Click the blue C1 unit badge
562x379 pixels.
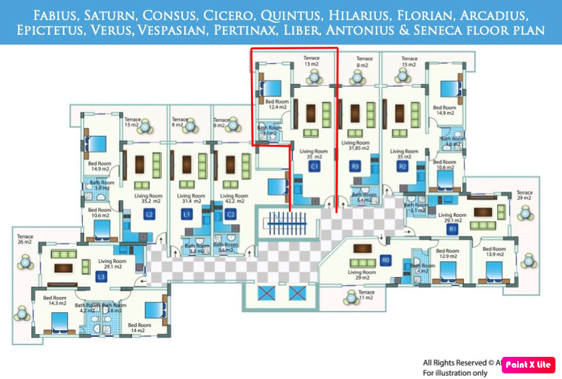click(x=313, y=166)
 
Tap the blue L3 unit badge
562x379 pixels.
click(x=101, y=276)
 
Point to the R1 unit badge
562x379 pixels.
click(x=452, y=229)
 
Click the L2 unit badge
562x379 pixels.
click(x=150, y=214)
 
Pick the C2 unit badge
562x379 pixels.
click(x=231, y=214)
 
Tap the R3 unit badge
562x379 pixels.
click(x=355, y=166)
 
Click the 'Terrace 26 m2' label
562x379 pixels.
click(x=25, y=239)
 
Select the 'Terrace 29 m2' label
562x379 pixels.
click(x=525, y=195)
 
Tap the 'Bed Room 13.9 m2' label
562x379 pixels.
click(x=495, y=252)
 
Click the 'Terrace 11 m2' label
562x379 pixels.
click(x=366, y=295)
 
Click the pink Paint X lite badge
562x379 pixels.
click(x=527, y=364)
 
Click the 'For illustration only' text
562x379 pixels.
click(x=455, y=372)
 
